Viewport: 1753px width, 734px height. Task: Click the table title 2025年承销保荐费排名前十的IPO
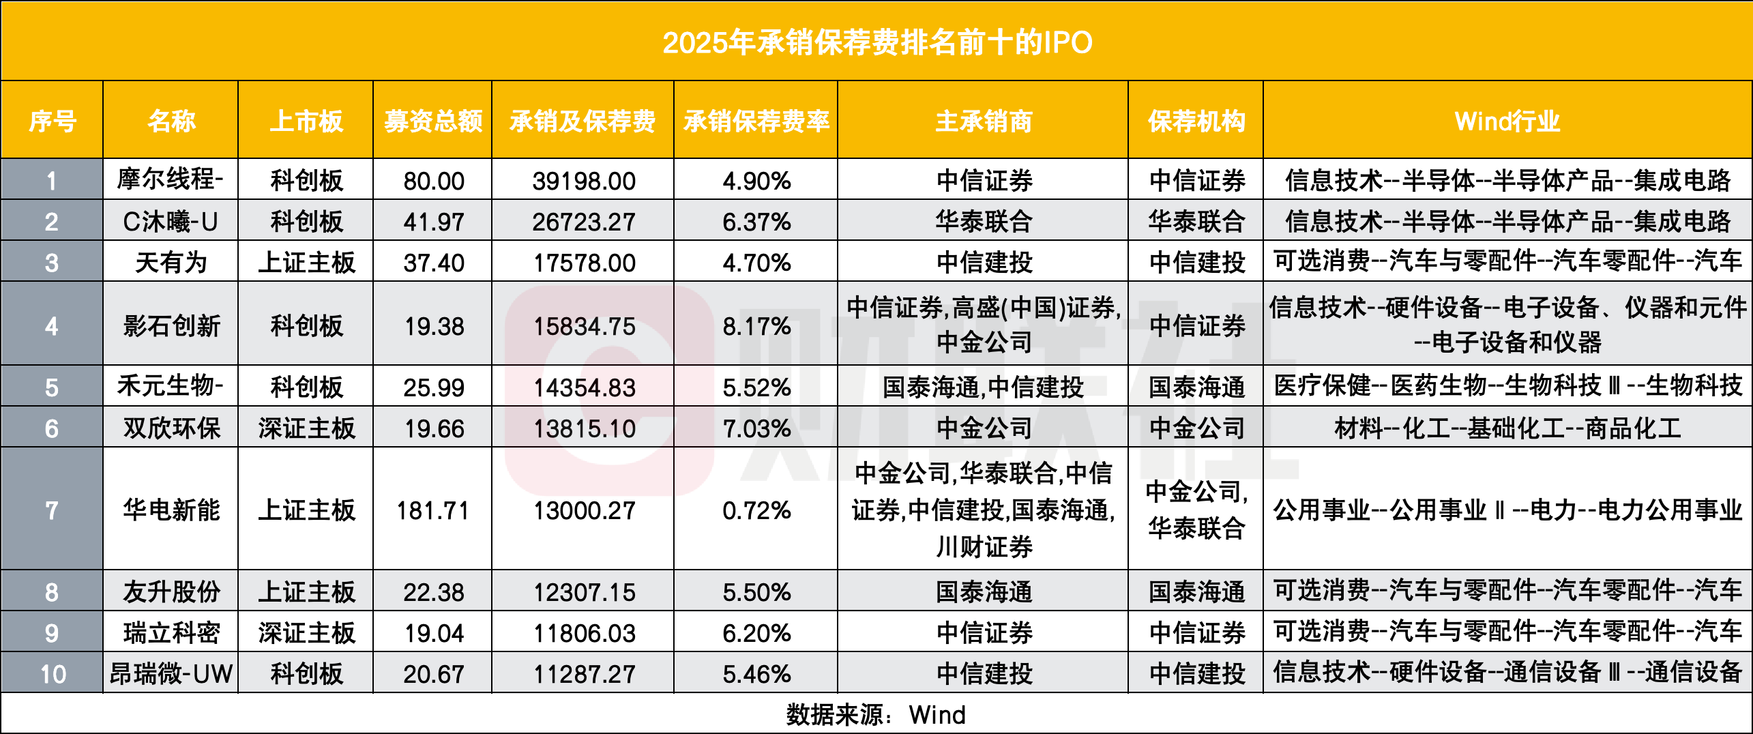click(x=876, y=42)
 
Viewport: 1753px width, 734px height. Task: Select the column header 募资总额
click(x=432, y=121)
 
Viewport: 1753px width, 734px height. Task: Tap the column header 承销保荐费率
click(x=756, y=121)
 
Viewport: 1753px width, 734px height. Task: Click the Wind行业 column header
click(x=1507, y=121)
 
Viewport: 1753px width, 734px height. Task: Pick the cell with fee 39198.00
click(x=583, y=181)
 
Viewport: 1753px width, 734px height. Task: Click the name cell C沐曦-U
click(x=171, y=222)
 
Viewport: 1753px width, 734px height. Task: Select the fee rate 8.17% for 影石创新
click(x=756, y=326)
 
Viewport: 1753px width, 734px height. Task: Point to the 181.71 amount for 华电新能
click(x=432, y=510)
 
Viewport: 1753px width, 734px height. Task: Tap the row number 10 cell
click(x=53, y=674)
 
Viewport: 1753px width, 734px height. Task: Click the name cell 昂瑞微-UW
click(x=171, y=674)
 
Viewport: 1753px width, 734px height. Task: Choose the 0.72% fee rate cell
click(x=756, y=510)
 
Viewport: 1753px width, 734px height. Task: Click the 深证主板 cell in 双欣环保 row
click(x=306, y=428)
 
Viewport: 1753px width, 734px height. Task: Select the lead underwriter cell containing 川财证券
click(x=983, y=510)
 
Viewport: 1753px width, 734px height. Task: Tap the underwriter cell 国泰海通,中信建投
click(x=983, y=387)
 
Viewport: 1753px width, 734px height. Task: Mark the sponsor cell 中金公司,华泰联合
click(x=1196, y=510)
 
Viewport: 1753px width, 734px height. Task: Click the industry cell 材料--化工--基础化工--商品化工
click(x=1507, y=428)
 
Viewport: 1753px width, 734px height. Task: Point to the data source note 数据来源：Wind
click(x=876, y=715)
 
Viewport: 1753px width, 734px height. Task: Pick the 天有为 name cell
click(x=171, y=263)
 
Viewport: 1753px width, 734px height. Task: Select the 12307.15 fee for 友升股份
click(x=583, y=592)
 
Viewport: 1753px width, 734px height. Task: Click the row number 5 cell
click(x=53, y=387)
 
